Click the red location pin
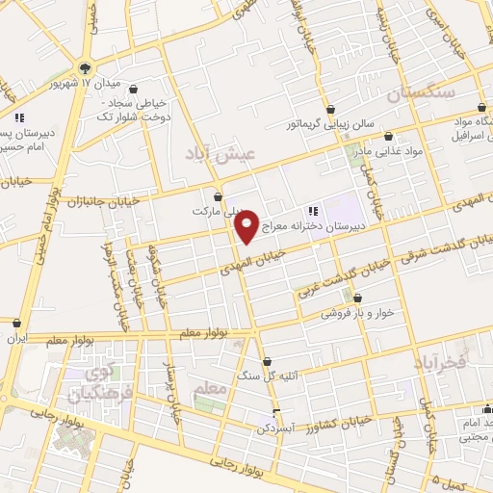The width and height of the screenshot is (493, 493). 247,225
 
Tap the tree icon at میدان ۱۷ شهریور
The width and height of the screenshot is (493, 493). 86,67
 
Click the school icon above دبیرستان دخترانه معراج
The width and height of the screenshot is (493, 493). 312,211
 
